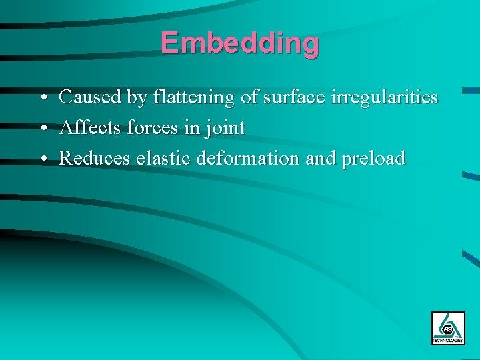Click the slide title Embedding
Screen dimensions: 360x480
click(x=239, y=43)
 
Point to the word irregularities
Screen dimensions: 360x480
click(x=379, y=97)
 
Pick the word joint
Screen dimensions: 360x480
click(x=225, y=128)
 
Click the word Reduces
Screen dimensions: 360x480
click(x=94, y=158)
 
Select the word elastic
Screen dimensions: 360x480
click(x=160, y=158)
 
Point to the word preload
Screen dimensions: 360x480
click(x=373, y=159)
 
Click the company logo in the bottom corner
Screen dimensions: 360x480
click(x=447, y=327)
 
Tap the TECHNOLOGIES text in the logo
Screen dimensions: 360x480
click(x=447, y=340)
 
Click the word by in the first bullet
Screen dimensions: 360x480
click(x=137, y=98)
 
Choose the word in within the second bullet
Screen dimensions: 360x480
click(x=192, y=127)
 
